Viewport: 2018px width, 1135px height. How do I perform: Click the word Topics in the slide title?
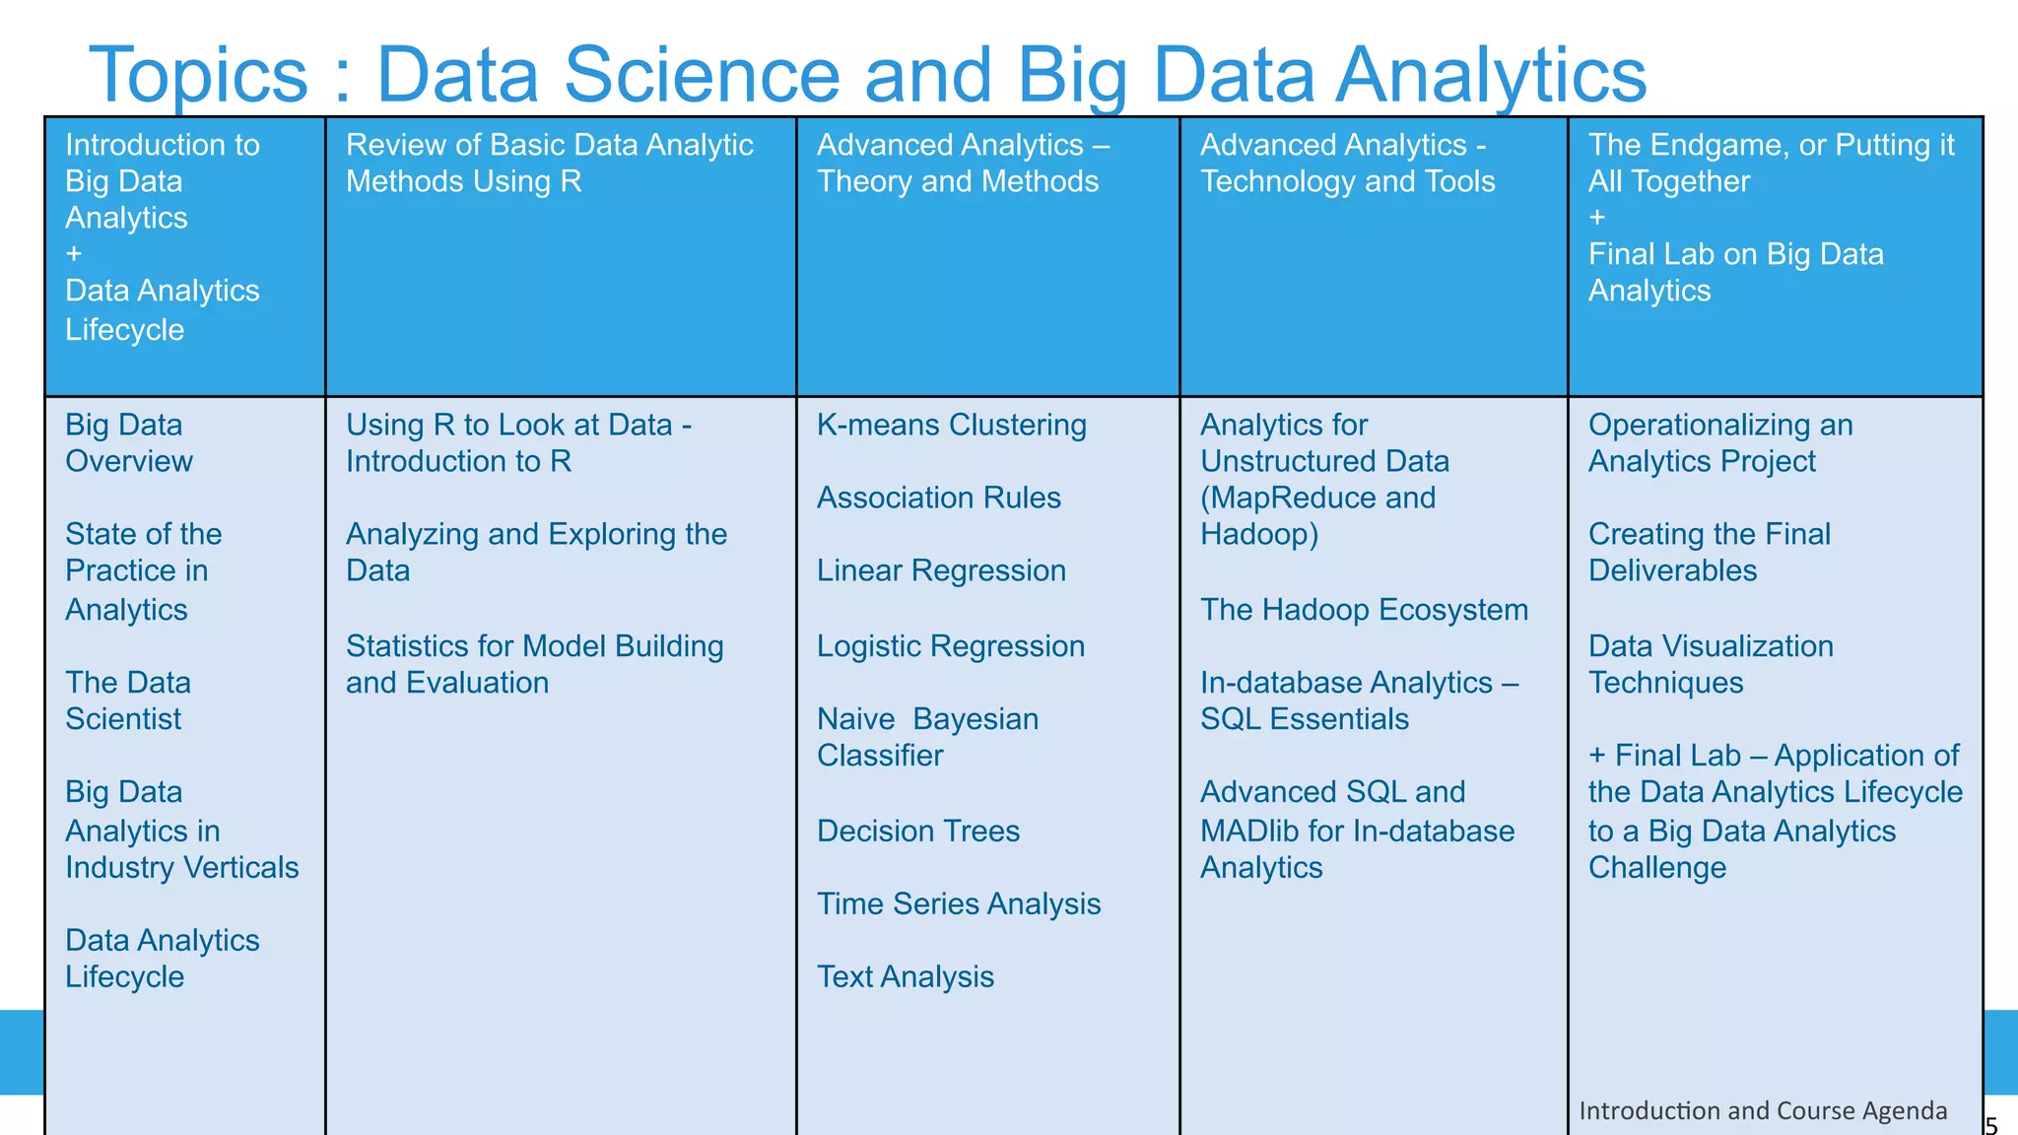click(x=198, y=75)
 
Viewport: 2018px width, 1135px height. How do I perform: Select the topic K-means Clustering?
click(x=951, y=425)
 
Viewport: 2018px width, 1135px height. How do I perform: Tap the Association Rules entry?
click(x=938, y=498)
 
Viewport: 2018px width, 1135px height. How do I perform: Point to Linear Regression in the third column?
click(x=941, y=570)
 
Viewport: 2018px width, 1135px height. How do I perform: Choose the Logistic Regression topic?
click(x=950, y=646)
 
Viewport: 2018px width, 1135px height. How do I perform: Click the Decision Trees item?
click(x=917, y=831)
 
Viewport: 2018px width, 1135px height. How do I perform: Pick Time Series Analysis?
click(x=958, y=903)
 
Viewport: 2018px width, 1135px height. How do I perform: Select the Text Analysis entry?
click(x=905, y=976)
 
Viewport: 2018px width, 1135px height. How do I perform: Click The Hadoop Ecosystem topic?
click(x=1364, y=610)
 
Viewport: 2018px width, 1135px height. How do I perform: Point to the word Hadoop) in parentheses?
click(x=1258, y=534)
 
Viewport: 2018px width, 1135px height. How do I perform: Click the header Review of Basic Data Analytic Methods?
click(x=549, y=163)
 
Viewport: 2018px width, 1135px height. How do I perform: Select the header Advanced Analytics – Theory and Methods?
click(x=963, y=163)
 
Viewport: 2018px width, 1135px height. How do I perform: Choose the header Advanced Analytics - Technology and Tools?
click(x=1347, y=163)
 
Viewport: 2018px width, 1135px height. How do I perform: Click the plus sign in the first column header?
click(x=74, y=253)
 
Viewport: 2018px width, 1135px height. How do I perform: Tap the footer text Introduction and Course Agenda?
click(x=1762, y=1110)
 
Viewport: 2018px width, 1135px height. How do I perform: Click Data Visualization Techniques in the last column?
click(x=1711, y=664)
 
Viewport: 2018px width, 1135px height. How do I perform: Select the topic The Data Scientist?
click(x=127, y=701)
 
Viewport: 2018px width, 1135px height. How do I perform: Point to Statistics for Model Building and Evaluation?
click(x=534, y=664)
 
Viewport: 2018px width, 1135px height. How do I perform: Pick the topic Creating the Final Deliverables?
click(x=1709, y=552)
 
